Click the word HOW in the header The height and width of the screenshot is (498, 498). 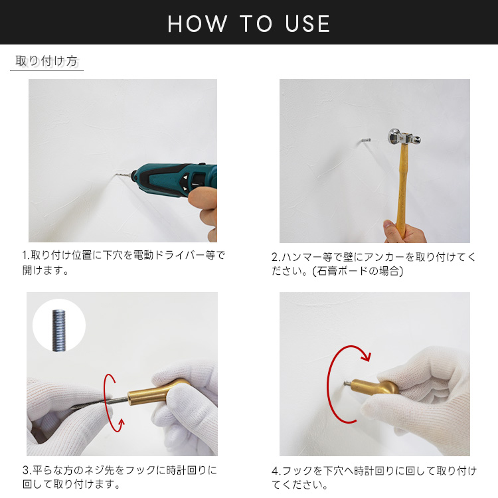[197, 24]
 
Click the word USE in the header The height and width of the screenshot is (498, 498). [307, 24]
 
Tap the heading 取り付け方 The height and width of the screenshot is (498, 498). [46, 60]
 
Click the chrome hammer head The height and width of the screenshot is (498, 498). [404, 137]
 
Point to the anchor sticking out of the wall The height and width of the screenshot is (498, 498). [366, 140]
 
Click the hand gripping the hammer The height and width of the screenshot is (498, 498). [404, 232]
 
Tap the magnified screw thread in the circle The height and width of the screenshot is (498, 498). [58, 330]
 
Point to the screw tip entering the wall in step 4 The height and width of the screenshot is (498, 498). [345, 384]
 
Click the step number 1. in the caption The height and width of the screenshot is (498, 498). [26, 256]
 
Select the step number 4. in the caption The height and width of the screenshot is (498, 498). [276, 471]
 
